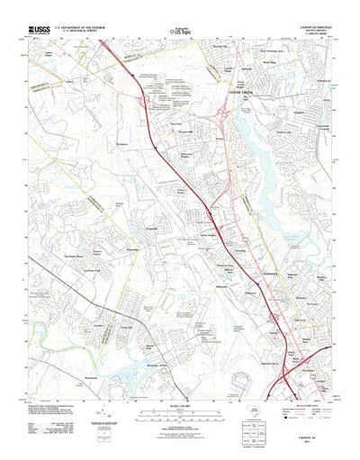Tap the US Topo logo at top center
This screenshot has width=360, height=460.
181,32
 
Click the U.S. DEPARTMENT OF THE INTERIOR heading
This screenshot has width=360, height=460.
85,27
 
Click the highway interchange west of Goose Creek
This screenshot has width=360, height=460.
221,117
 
